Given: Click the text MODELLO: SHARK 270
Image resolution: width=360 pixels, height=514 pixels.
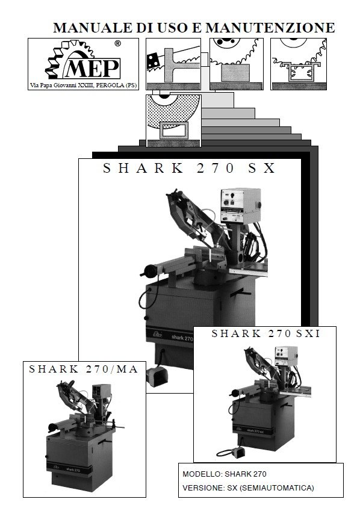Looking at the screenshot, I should pos(223,474).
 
